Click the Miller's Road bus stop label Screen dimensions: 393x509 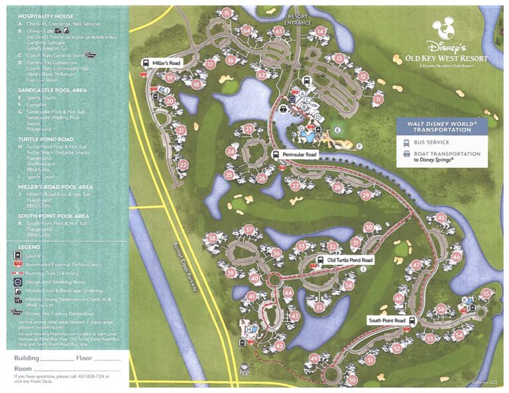pyautogui.click(x=165, y=62)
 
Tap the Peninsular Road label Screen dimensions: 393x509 pyautogui.click(x=300, y=154)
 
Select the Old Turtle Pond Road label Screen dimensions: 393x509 pyautogui.click(x=350, y=260)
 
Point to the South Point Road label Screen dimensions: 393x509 pyautogui.click(x=386, y=320)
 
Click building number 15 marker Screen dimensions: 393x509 pyautogui.click(x=227, y=13)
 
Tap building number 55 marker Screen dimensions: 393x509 pyautogui.click(x=486, y=293)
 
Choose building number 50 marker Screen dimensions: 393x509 pyautogui.click(x=352, y=380)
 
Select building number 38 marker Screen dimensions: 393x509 pyautogui.click(x=212, y=238)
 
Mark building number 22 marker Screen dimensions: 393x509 pyautogui.click(x=184, y=164)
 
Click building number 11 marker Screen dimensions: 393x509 pyautogui.click(x=378, y=99)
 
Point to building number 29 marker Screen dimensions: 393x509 pyautogui.click(x=365, y=195)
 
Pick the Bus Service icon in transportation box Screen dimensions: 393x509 pyautogui.click(x=406, y=142)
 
